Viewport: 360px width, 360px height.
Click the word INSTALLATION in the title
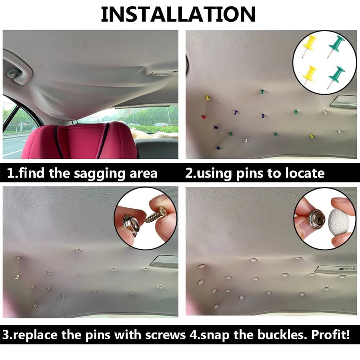(178, 14)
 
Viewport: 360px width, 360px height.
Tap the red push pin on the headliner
(204, 117)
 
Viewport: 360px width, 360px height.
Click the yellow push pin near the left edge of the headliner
(207, 97)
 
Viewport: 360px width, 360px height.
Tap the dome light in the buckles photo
(335, 269)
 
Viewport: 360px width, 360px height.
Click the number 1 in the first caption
(11, 173)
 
